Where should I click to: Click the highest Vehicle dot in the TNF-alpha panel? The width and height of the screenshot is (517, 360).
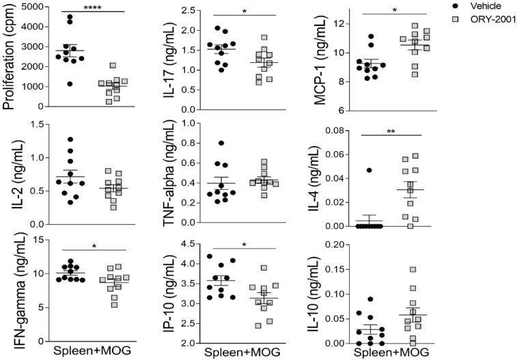tap(221, 143)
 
